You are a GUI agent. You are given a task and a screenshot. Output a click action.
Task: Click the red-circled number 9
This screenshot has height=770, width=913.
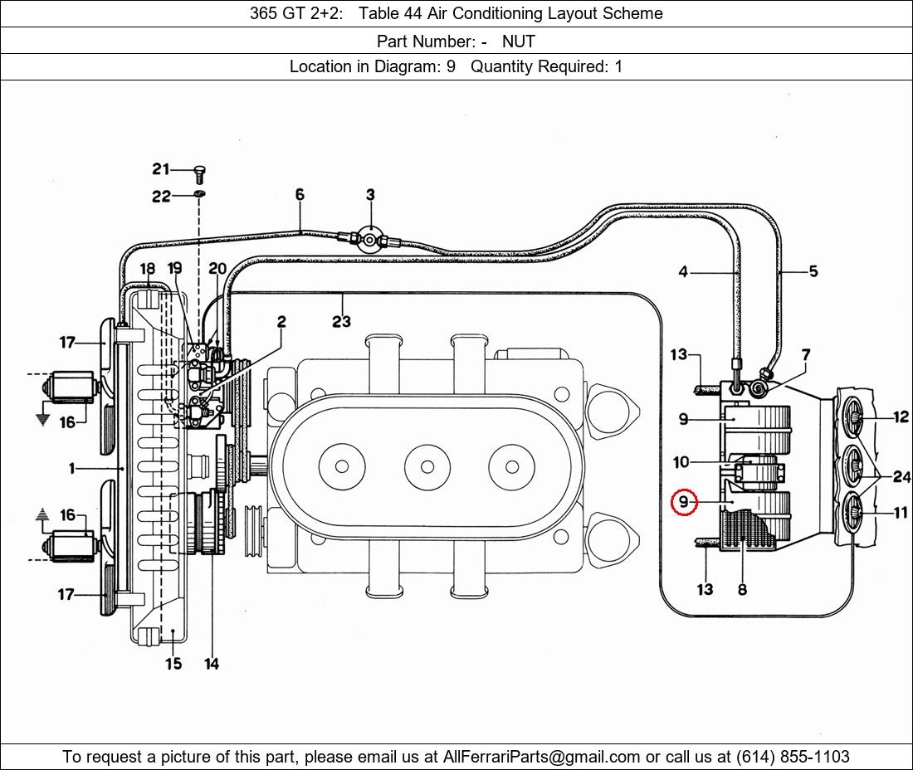coord(684,502)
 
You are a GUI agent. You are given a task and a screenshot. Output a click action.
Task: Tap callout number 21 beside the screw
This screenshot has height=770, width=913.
coord(161,168)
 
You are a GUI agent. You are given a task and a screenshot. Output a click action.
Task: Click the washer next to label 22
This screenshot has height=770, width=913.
coord(200,193)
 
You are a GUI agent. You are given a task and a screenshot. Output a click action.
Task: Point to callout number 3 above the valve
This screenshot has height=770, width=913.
coord(370,195)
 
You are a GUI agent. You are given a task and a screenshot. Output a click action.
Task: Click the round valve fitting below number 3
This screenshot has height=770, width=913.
coord(369,239)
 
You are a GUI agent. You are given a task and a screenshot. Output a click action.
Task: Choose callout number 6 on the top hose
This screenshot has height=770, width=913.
coord(300,194)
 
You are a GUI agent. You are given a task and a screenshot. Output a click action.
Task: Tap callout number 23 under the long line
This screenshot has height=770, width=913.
coord(342,321)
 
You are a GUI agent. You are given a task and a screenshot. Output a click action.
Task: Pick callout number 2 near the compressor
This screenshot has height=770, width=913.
coord(282,321)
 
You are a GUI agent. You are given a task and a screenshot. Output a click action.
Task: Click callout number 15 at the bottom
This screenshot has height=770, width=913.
coord(173,664)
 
